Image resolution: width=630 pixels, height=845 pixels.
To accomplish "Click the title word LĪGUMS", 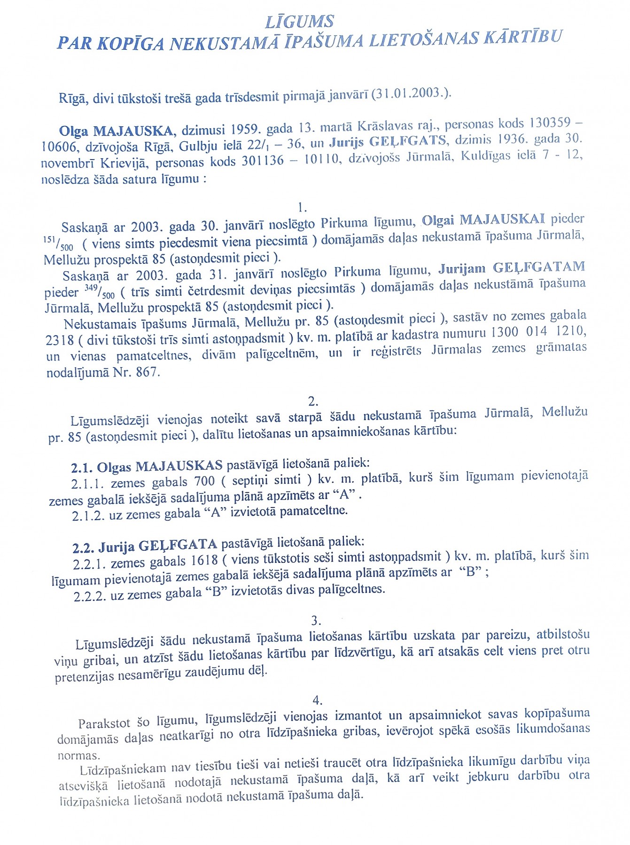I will tap(300, 22).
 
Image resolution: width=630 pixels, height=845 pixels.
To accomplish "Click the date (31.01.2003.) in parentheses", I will tap(411, 93).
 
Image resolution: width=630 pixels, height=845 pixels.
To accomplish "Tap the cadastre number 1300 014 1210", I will tap(538, 332).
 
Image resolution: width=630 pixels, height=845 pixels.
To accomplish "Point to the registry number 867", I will tap(147, 372).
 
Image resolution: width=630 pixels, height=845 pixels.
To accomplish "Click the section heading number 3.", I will tap(316, 621).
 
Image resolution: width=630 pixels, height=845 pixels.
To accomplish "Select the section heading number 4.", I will tap(318, 700).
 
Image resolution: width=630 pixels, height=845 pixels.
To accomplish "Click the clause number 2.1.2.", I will tap(88, 515).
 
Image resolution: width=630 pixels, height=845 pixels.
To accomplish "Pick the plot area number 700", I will tap(203, 481).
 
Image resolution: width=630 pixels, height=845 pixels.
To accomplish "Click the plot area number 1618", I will tap(204, 561).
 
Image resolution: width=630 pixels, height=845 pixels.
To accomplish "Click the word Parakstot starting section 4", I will tap(105, 723).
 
